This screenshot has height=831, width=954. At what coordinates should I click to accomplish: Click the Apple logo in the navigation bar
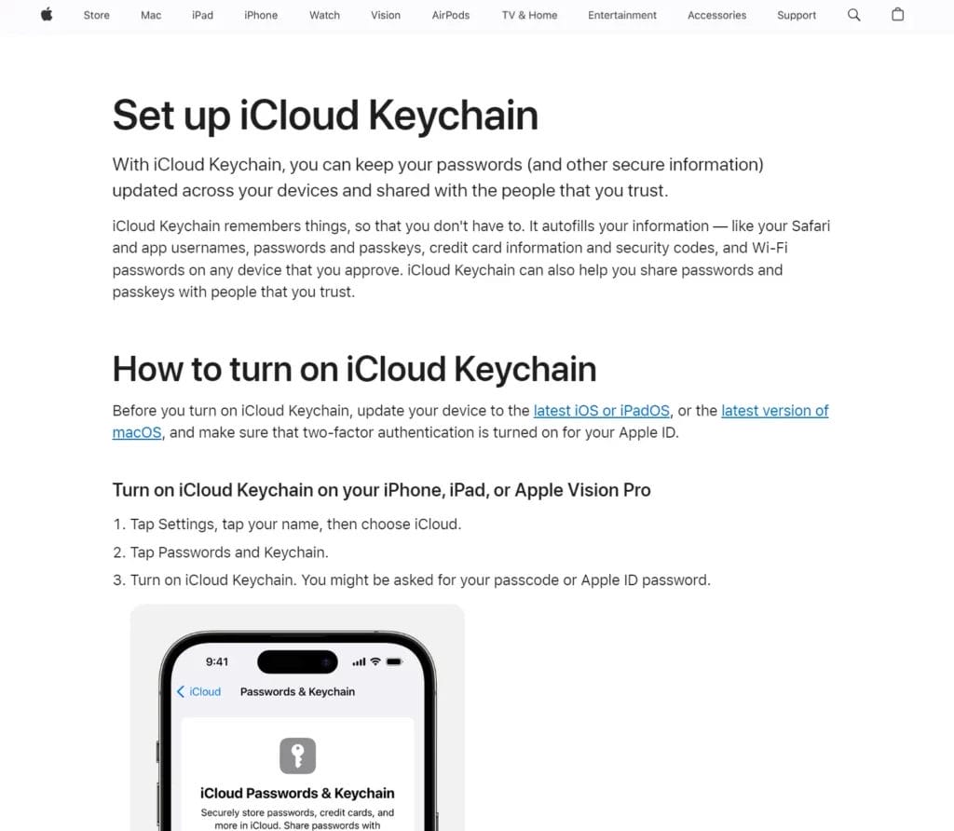47,15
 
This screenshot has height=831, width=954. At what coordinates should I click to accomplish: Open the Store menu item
96,15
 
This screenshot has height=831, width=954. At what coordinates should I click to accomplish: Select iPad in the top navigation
202,15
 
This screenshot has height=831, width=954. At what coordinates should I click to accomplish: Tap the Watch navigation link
324,15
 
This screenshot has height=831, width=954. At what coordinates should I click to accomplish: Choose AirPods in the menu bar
451,15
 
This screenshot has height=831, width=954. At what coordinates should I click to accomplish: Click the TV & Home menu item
529,15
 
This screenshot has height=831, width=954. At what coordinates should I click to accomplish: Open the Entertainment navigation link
622,15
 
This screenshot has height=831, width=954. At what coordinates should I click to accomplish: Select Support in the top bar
797,15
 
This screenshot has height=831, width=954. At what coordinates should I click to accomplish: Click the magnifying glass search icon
853,15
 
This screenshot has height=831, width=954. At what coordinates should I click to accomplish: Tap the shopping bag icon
898,15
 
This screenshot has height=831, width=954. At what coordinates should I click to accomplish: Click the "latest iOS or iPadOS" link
601,411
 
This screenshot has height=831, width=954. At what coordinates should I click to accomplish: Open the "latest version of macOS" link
774,411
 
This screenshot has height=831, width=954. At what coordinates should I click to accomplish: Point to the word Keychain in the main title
453,116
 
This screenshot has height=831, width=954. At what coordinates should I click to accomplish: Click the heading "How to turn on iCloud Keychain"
354,369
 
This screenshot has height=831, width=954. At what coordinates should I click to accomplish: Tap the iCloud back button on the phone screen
199,691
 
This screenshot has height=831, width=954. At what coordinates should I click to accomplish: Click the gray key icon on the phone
297,756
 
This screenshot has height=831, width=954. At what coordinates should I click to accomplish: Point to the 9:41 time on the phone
217,661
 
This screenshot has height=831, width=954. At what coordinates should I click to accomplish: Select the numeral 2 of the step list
117,552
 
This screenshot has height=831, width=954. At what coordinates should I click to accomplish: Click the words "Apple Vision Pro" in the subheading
582,490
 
